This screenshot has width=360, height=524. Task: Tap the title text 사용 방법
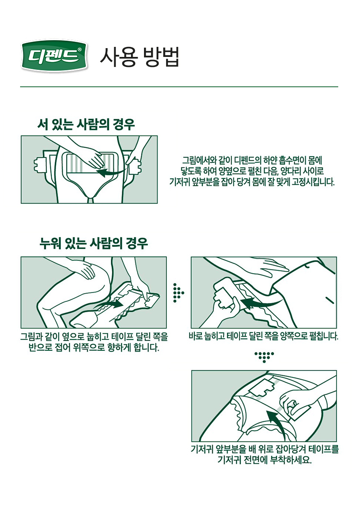coord(139,57)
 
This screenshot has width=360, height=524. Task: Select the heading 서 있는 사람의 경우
coord(86,124)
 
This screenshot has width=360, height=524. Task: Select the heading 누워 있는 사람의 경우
coord(93,243)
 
